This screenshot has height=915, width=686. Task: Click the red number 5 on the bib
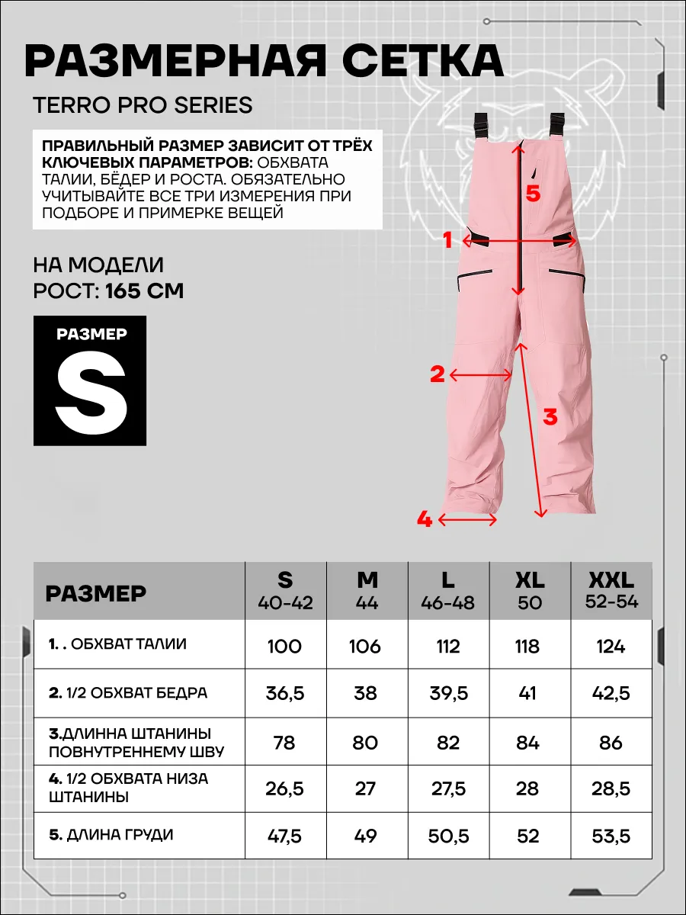coord(533,194)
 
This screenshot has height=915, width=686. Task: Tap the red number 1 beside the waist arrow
coord(448,240)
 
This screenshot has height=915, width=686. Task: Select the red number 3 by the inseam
coord(550,416)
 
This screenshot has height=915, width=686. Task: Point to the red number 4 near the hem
coord(425,520)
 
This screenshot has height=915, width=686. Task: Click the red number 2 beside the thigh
coord(437,374)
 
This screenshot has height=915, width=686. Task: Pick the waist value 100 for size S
coord(284,647)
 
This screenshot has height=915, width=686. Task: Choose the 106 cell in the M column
coord(366,647)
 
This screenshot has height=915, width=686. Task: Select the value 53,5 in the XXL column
coord(611,836)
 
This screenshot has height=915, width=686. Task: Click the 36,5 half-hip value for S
coord(284,695)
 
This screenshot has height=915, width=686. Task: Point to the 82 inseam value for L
coord(448,743)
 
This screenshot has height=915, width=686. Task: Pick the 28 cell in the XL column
coord(527,788)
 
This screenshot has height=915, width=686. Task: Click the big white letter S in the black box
coord(90,396)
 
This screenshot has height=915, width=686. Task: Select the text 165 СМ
coord(144,291)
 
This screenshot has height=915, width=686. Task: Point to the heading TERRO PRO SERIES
coord(143,104)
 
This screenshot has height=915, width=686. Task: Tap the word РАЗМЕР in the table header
coord(95,592)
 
